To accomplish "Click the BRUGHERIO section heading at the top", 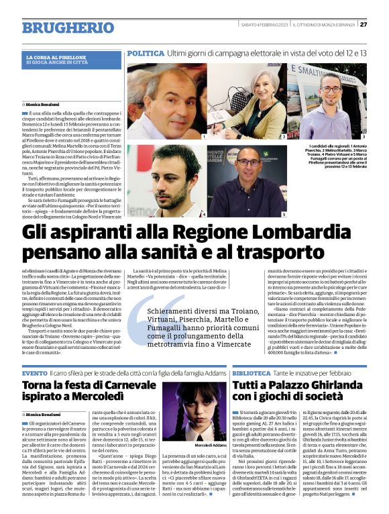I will tap(67, 28).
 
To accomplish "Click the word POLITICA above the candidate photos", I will tap(146, 52).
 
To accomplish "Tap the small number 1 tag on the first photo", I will tap(204, 136).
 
